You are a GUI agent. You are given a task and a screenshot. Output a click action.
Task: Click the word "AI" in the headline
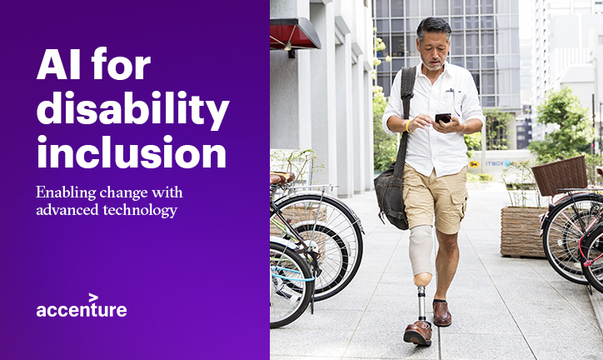coord(59,63)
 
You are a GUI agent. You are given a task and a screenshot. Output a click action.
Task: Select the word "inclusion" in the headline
coord(132,152)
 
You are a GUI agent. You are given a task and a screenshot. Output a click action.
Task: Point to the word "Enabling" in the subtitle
coord(65,192)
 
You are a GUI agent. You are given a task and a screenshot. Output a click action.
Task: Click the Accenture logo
coord(82,305)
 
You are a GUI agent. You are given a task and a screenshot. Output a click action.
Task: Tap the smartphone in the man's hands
coord(443,117)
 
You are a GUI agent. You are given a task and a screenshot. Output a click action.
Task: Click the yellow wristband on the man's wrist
coord(407,127)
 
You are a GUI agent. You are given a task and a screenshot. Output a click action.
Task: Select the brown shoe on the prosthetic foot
coord(417,332)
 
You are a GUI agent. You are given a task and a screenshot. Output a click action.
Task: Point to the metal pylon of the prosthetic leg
coord(422,303)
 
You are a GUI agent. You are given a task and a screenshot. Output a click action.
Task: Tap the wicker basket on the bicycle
coord(560,176)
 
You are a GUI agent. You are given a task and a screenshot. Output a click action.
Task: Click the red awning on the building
coord(295,34)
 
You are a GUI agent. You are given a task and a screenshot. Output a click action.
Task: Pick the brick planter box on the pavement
coord(522,232)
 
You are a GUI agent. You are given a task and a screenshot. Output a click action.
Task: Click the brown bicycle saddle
coord(282,178)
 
